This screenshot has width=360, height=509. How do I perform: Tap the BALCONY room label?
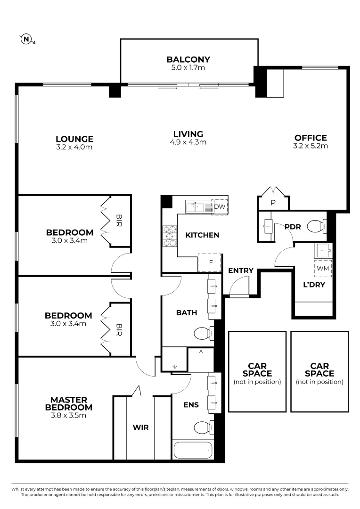tap(188, 59)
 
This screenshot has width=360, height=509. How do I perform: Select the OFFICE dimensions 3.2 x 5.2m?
tap(311, 146)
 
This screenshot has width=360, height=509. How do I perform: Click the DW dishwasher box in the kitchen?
tap(220, 207)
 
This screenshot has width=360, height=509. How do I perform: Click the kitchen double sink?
tap(197, 206)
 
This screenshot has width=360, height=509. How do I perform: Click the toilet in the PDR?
tap(317, 227)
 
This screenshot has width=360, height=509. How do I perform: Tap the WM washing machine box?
tap(323, 268)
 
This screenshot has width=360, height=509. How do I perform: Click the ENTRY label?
tap(241, 271)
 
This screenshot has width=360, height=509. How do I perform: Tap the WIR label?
tap(140, 427)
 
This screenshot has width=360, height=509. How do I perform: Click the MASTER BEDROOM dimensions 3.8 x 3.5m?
tap(68, 416)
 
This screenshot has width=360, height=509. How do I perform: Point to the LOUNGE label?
tap(74, 139)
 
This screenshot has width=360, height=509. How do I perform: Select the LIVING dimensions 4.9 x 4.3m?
tap(188, 142)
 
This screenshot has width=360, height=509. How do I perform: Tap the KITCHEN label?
tap(202, 235)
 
